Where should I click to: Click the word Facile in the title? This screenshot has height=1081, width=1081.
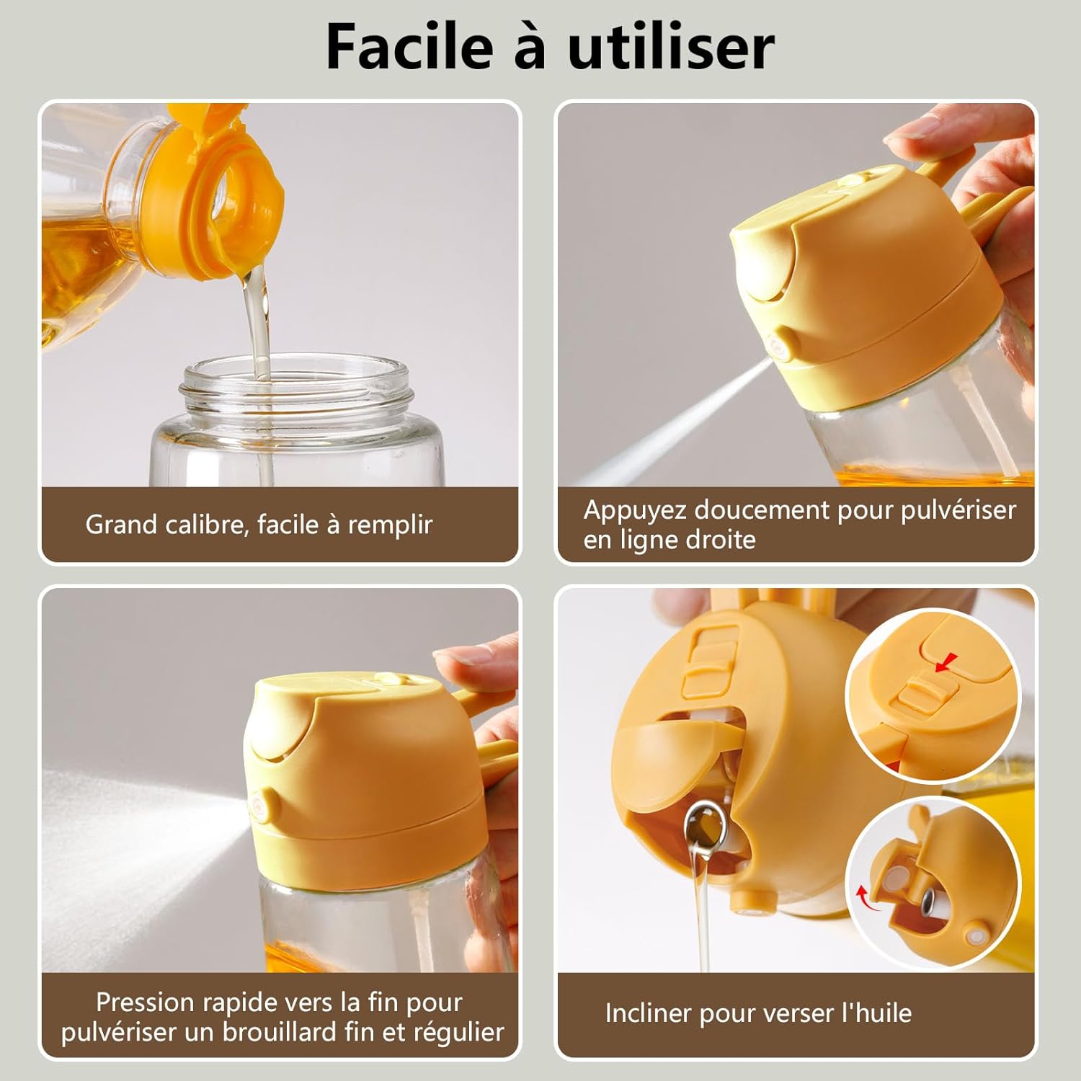409,47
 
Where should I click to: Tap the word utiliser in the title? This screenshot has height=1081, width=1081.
671,47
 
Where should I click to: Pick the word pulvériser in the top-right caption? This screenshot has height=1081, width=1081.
958,510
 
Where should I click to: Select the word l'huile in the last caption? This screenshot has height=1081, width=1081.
876,1013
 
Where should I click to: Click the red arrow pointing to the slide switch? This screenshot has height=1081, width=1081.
947,662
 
